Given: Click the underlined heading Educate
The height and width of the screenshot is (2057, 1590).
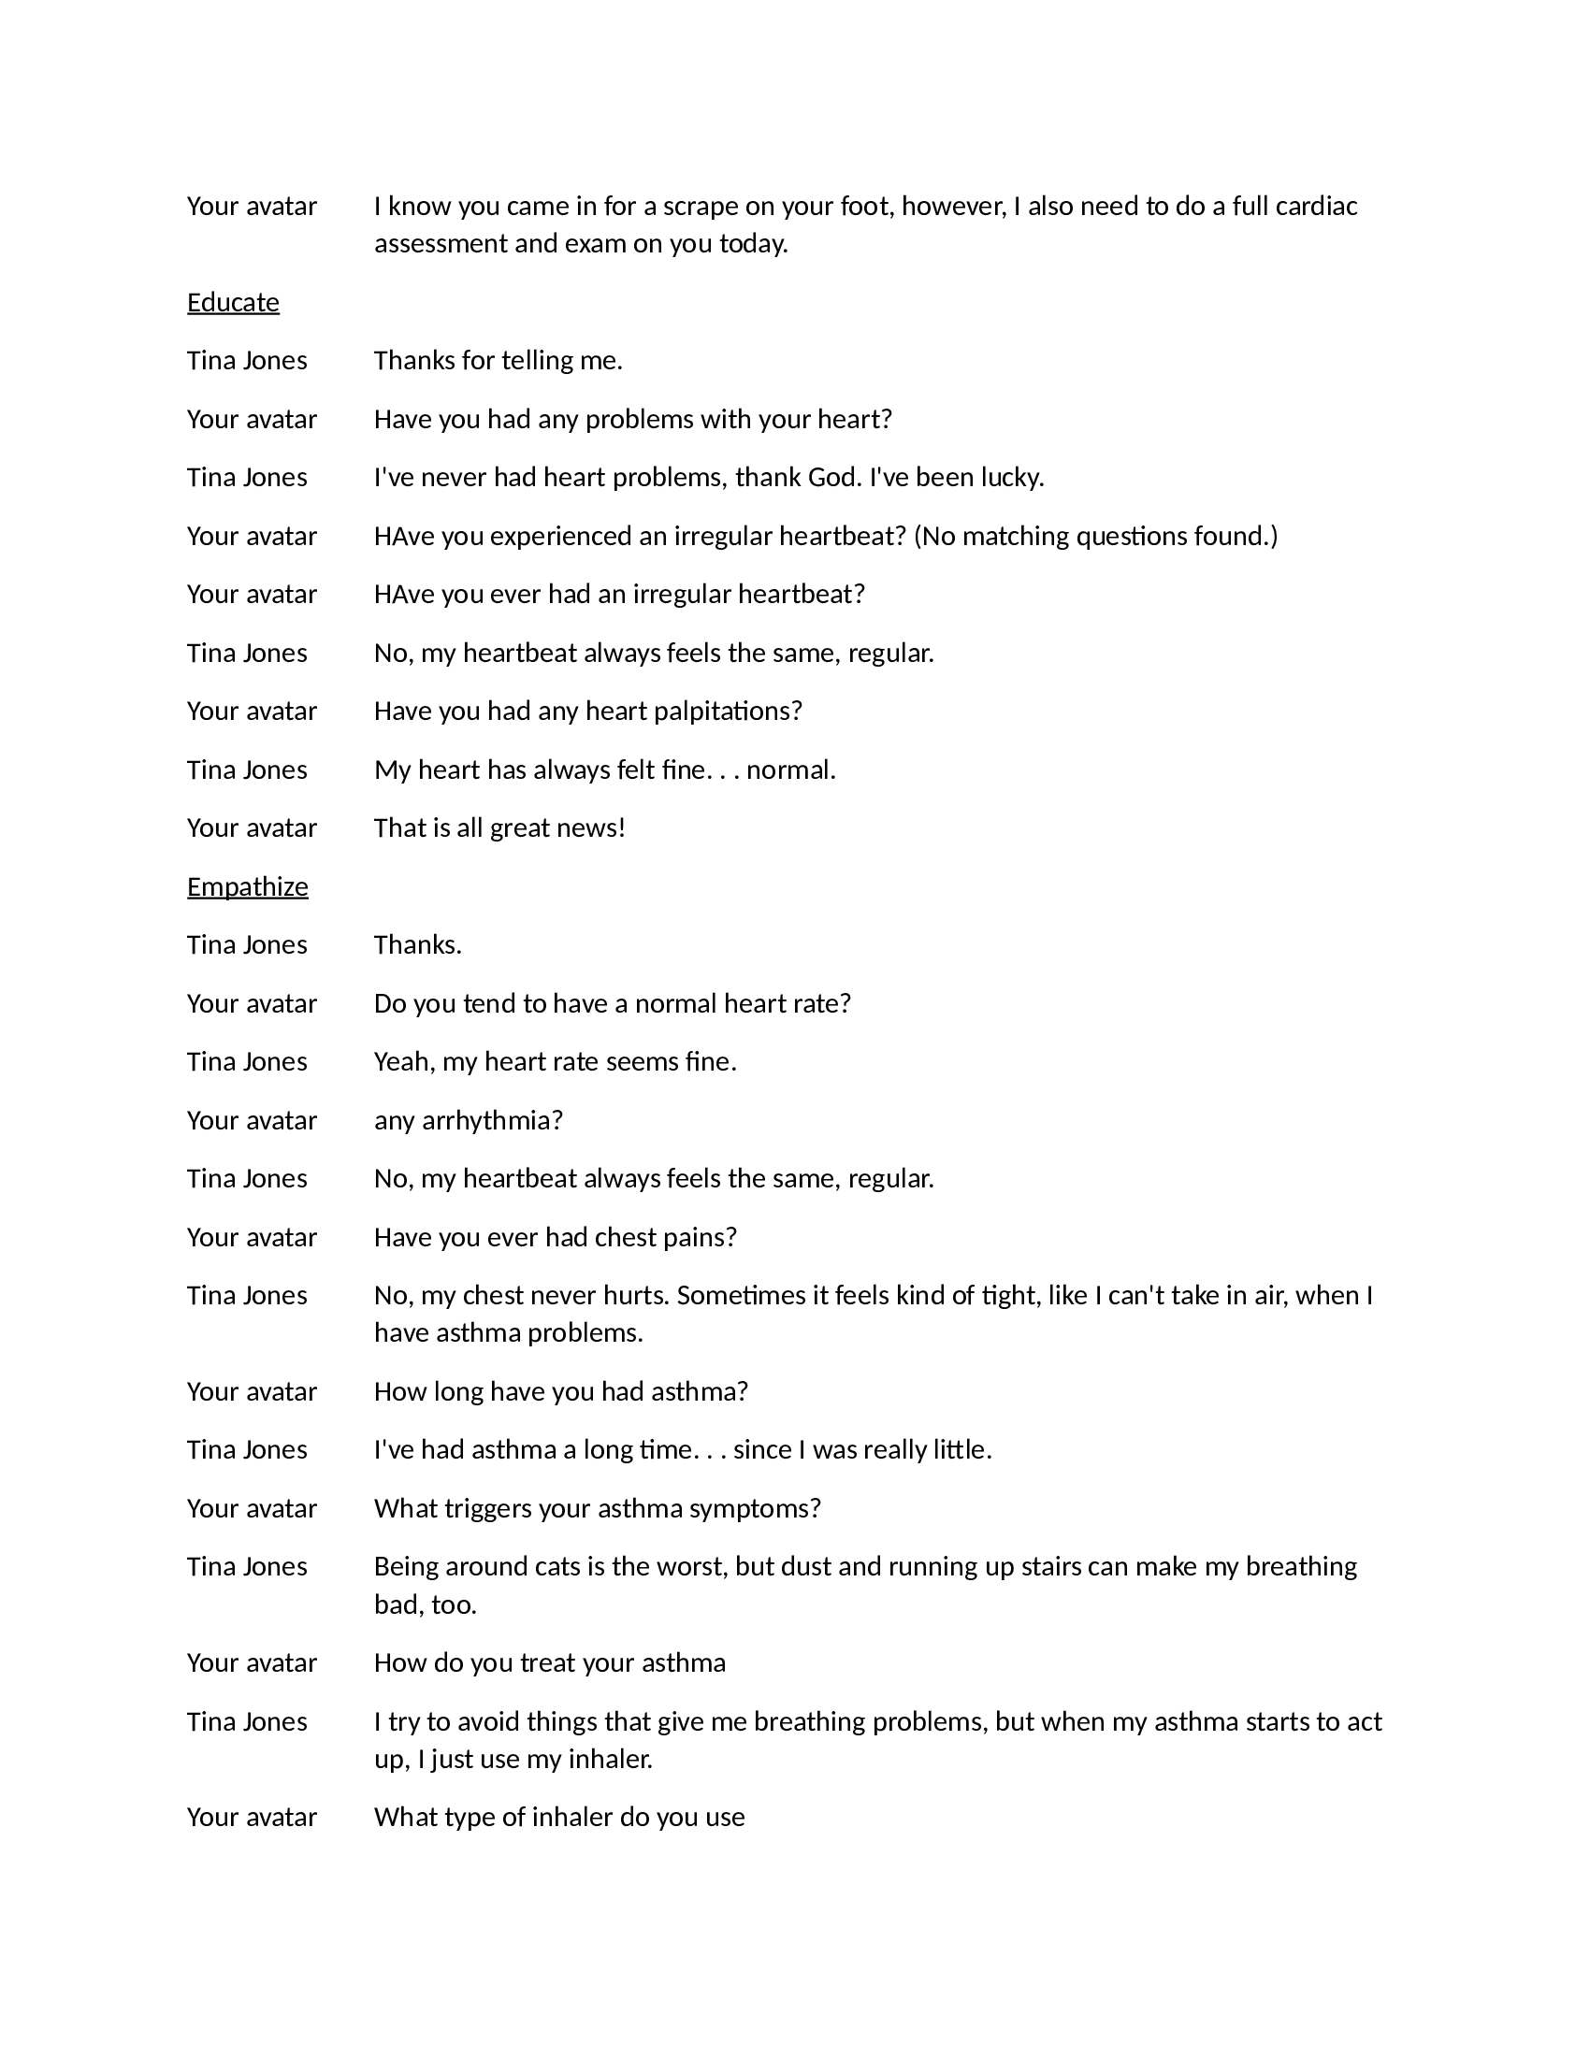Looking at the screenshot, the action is point(233,302).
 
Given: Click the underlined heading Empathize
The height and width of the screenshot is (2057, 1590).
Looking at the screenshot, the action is point(247,887).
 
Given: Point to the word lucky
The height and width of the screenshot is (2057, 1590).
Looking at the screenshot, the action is point(1011,478).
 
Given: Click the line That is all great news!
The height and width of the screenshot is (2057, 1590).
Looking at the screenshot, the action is point(499,827).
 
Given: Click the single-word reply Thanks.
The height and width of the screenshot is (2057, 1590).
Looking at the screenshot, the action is point(417,944).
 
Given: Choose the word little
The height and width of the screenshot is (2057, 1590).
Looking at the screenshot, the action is point(961,1449).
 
